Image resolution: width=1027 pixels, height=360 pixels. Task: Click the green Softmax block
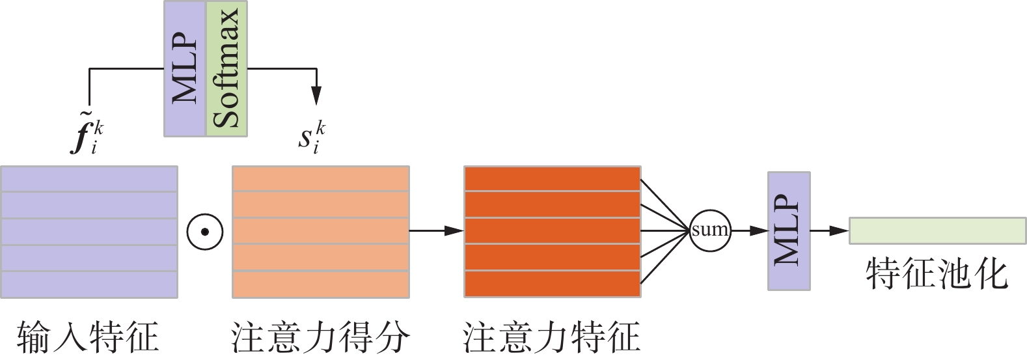pos(226,68)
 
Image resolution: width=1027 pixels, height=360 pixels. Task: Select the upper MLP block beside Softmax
pos(185,68)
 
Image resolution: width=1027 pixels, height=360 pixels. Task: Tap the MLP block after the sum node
pos(789,230)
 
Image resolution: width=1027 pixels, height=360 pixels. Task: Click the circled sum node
pos(709,230)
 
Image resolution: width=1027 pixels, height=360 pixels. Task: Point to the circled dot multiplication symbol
pos(205,231)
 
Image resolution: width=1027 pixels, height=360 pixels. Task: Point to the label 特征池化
pos(937,274)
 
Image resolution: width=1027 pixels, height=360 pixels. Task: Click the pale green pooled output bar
pos(937,231)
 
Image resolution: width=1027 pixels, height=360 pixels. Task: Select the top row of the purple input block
pos(89,179)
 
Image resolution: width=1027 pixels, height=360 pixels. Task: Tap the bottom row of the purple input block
pos(89,284)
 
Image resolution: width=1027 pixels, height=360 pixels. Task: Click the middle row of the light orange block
pos(321,231)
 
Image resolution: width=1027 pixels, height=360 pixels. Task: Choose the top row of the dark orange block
pos(552,179)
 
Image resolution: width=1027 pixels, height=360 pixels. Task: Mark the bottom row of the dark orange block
pos(552,284)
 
